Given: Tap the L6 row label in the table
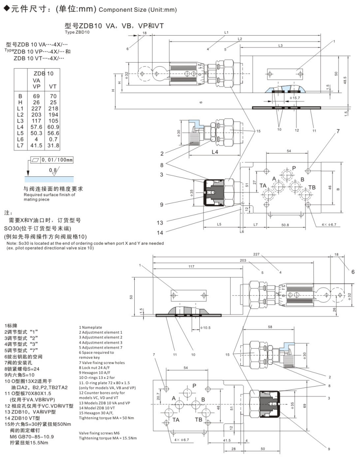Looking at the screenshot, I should (21, 139).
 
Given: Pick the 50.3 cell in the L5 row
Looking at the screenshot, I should (37, 133).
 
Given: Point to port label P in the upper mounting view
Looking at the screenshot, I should (294, 168).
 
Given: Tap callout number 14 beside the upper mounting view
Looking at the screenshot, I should (161, 233).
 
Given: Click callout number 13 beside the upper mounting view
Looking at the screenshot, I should (161, 222).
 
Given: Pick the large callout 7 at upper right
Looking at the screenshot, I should (338, 131).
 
